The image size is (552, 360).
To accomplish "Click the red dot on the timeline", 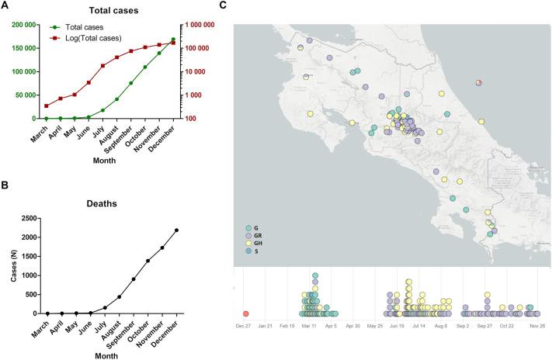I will [x=246, y=313].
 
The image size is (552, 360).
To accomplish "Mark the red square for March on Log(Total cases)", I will [x=46, y=106].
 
